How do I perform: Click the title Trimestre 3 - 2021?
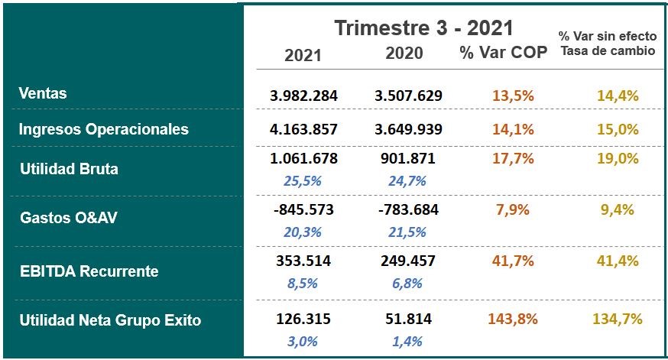click(423, 28)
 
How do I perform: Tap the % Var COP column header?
click(503, 54)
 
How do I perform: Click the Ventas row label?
click(43, 93)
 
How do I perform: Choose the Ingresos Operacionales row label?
click(103, 129)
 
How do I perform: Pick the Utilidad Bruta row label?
click(69, 169)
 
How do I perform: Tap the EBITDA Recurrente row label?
click(89, 271)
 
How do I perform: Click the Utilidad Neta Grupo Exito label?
click(110, 320)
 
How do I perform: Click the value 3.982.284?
click(303, 96)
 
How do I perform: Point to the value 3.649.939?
click(408, 129)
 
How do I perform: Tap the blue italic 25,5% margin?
click(303, 181)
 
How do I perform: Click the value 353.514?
click(303, 261)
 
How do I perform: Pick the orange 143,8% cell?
click(513, 319)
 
